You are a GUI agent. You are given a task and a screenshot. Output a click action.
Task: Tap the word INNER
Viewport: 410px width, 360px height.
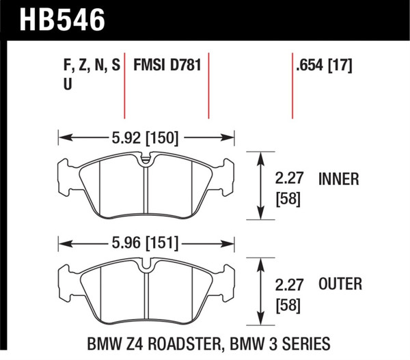(339, 180)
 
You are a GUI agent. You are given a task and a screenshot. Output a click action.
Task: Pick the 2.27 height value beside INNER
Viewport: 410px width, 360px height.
(288, 180)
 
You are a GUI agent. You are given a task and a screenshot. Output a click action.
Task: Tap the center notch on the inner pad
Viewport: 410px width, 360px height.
(146, 162)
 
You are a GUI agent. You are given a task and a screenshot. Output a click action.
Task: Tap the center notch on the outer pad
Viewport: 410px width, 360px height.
(146, 268)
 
